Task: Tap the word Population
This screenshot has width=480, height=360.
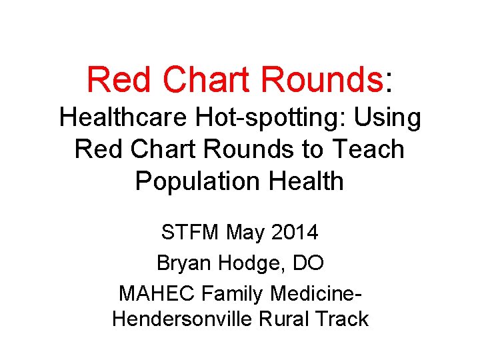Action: tap(197, 181)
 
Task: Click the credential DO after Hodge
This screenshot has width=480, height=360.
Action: tap(308, 263)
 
